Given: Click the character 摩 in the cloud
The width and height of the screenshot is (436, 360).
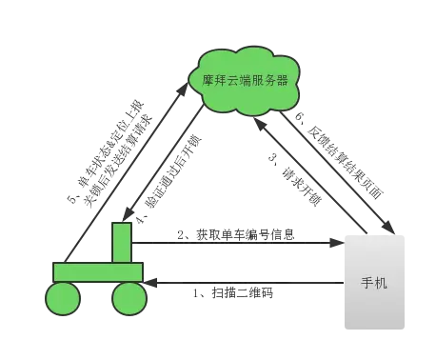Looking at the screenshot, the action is (208, 80).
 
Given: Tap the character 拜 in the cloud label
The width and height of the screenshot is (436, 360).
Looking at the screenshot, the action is (221, 80).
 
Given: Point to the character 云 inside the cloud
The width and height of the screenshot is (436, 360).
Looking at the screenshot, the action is (233, 80).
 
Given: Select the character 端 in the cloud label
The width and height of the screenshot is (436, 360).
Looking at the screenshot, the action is (246, 80).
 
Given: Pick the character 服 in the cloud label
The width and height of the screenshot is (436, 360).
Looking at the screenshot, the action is (258, 80).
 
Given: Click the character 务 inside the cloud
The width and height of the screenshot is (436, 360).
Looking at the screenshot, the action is (270, 80).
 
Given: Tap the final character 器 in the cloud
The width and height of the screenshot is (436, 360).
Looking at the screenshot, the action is (283, 80).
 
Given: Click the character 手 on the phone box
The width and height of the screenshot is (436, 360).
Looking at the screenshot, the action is (368, 284).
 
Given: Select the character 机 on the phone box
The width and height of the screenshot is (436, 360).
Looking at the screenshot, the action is (382, 284).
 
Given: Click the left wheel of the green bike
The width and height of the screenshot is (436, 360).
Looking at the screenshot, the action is (64, 298).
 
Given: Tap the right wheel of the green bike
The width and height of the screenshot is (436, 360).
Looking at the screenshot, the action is (129, 298).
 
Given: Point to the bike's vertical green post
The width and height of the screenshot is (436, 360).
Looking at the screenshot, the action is (122, 242).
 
